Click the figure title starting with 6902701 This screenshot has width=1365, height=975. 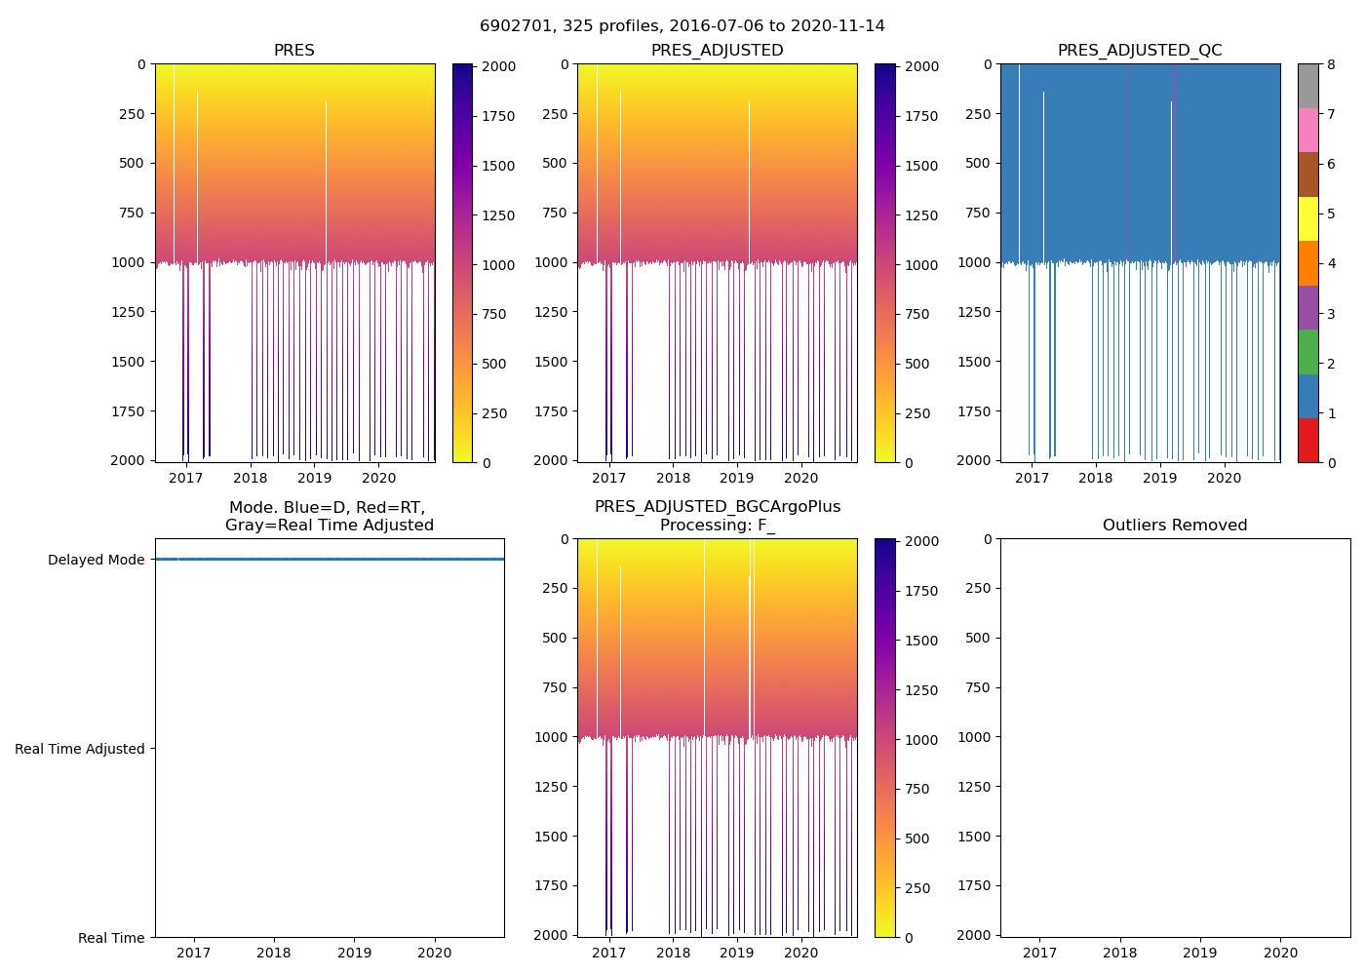[x=682, y=26]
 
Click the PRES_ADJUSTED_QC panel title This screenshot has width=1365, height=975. [x=1140, y=51]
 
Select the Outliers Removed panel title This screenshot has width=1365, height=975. [x=1175, y=526]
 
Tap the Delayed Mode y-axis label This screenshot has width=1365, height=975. [x=96, y=560]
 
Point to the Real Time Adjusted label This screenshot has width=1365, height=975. [x=80, y=749]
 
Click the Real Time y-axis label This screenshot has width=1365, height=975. [x=111, y=938]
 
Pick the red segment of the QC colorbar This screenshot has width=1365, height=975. [x=1307, y=441]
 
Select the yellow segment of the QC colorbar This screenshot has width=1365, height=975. [x=1307, y=218]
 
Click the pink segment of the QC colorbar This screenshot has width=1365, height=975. [x=1307, y=130]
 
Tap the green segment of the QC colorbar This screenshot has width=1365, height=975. [x=1307, y=352]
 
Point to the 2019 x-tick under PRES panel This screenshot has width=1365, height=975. [x=314, y=478]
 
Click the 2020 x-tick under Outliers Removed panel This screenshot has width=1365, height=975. [x=1280, y=953]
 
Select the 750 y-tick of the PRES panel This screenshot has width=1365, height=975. [x=130, y=213]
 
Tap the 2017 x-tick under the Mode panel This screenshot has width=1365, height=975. [x=194, y=953]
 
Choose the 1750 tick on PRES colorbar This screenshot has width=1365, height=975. [x=492, y=116]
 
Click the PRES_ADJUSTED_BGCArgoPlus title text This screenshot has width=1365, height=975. [x=717, y=507]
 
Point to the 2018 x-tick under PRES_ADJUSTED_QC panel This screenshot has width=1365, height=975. [x=1095, y=478]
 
